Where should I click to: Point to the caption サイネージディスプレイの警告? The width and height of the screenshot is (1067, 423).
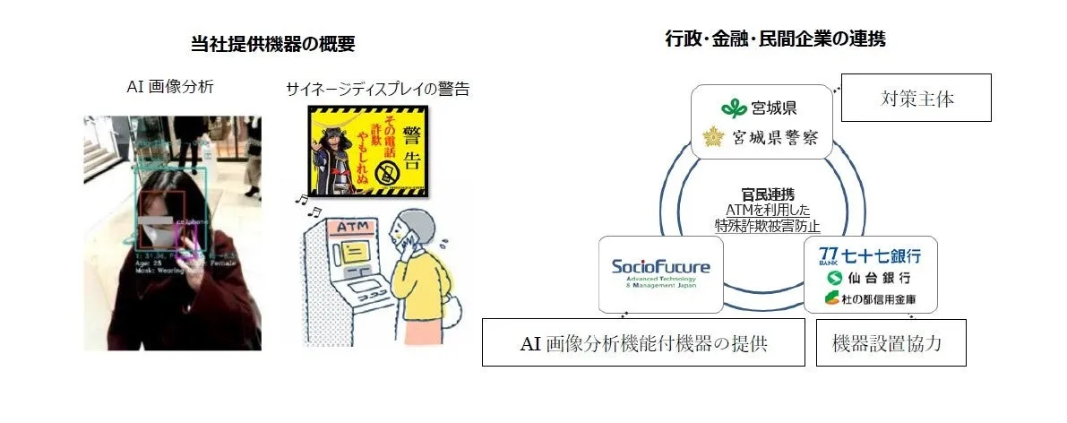(x=377, y=89)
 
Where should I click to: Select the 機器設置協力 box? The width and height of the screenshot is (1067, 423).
(x=891, y=343)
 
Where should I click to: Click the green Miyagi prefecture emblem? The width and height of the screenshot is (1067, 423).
(x=734, y=108)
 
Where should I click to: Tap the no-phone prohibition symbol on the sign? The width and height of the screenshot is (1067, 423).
(x=388, y=175)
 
